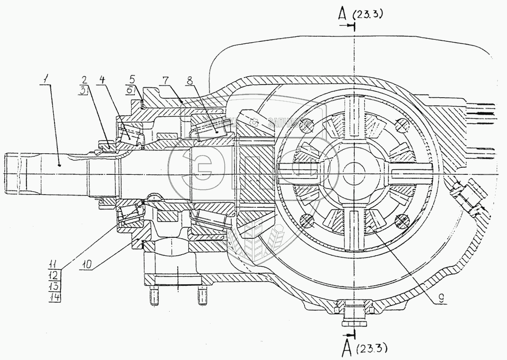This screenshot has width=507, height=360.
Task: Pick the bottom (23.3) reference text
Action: click(x=374, y=348)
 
